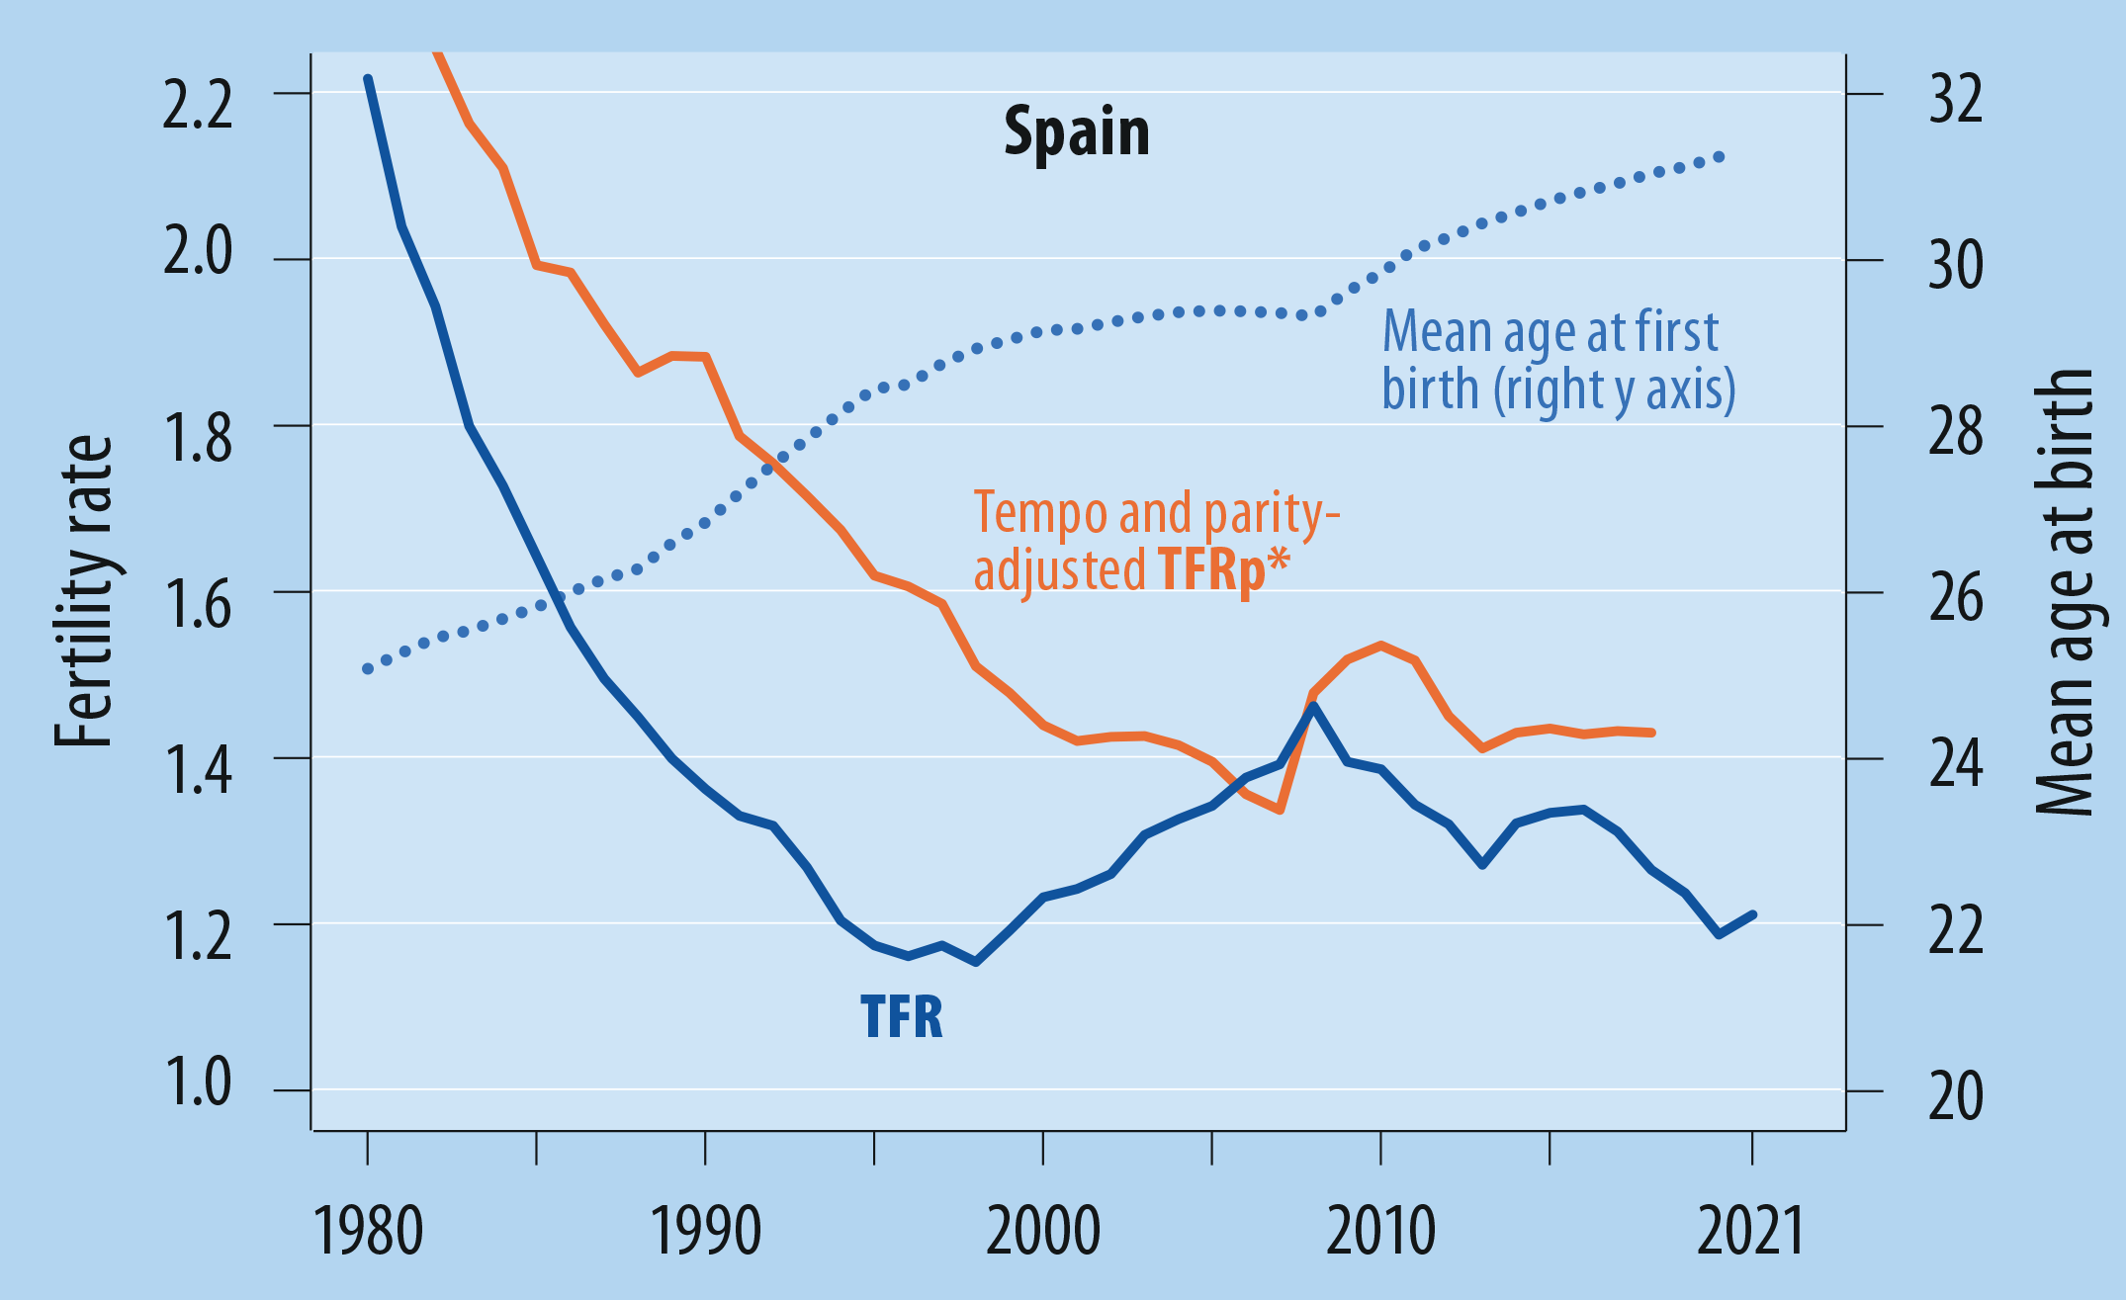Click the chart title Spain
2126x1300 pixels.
pos(1077,131)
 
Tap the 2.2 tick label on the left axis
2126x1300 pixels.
pos(198,102)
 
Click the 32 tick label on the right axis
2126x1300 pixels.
pos(1956,99)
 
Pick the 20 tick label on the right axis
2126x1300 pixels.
pos(1956,1096)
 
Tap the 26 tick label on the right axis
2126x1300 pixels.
pos(1956,597)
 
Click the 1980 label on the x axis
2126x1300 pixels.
pos(368,1231)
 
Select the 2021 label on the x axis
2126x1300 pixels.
pos(1751,1231)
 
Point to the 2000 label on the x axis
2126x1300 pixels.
pos(1043,1231)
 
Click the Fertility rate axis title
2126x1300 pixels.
pos(84,591)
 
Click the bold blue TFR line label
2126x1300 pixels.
pos(902,1016)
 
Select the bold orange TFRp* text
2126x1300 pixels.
pos(1224,569)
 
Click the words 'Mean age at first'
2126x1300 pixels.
pos(1550,331)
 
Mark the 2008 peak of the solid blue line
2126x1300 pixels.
pos(1313,705)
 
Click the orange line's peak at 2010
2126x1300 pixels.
pos(1381,646)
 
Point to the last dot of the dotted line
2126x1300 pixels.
pos(1720,157)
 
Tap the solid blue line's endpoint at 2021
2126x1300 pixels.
pos(1752,914)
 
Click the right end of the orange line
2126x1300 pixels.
pos(1651,733)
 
